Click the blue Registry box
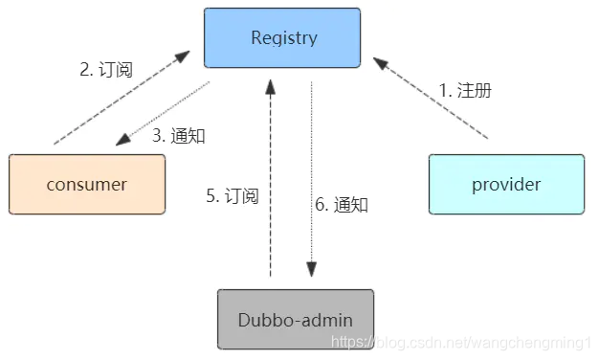[282, 38]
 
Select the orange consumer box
[86, 184]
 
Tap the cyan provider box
[506, 184]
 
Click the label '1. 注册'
[465, 91]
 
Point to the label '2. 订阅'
[105, 70]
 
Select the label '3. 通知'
[179, 135]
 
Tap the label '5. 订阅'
[233, 196]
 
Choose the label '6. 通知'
[342, 204]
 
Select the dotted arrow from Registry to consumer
[163, 113]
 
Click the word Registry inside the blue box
[282, 38]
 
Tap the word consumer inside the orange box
[86, 184]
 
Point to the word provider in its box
[506, 184]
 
